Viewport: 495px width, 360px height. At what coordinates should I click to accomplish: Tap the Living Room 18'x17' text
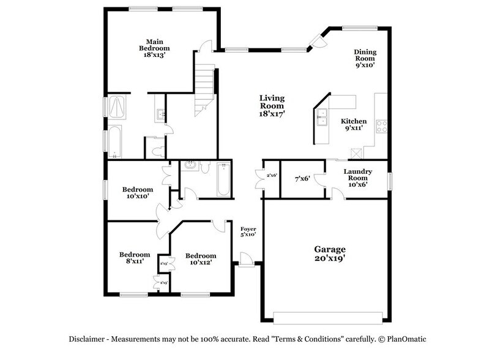[272, 105]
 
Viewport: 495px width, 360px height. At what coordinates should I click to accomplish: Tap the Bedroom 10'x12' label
[201, 260]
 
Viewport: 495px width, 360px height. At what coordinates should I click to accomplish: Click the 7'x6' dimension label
[302, 179]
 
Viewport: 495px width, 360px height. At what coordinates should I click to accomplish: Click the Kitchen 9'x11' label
[354, 125]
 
